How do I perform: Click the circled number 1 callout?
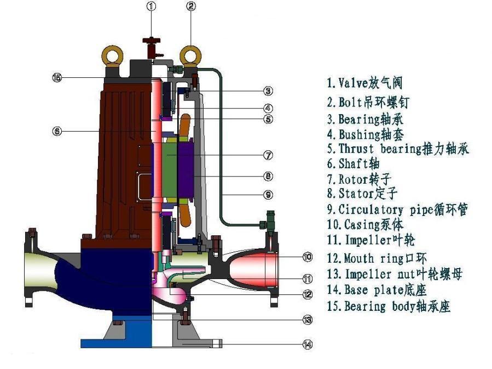[152, 7]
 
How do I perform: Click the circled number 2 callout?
[191, 7]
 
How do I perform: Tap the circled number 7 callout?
[268, 155]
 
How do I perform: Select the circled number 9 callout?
[268, 194]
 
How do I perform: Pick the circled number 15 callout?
[56, 77]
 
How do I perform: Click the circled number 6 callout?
[56, 131]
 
